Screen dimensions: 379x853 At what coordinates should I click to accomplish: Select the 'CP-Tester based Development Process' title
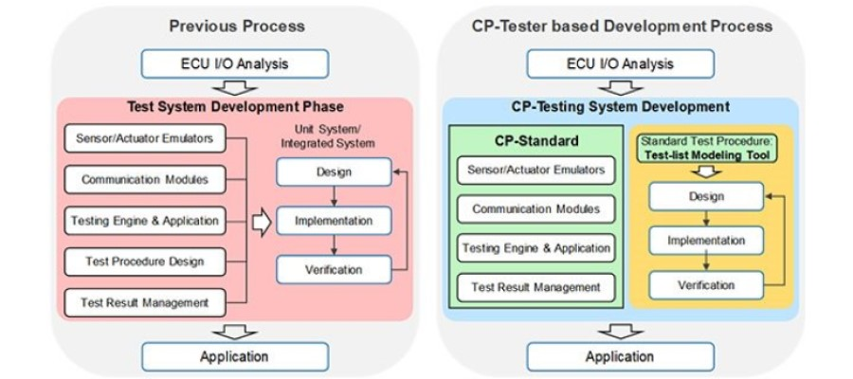pos(622,26)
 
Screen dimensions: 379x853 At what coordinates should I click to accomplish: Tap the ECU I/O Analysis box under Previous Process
pos(235,64)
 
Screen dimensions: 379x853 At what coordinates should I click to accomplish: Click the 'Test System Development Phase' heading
pos(235,106)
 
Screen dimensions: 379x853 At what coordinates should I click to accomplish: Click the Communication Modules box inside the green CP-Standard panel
pos(535,208)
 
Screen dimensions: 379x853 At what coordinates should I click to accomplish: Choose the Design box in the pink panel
pos(333,171)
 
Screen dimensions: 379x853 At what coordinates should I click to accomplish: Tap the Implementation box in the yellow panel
pos(705,241)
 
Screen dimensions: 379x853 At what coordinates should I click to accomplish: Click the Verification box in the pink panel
pos(333,269)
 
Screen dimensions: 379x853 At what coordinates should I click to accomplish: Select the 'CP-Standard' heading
pos(535,140)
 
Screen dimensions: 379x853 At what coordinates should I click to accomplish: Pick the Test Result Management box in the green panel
pos(535,287)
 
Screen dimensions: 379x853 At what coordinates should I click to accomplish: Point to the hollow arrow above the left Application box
pos(234,330)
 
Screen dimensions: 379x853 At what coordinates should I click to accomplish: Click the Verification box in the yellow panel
pos(705,284)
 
